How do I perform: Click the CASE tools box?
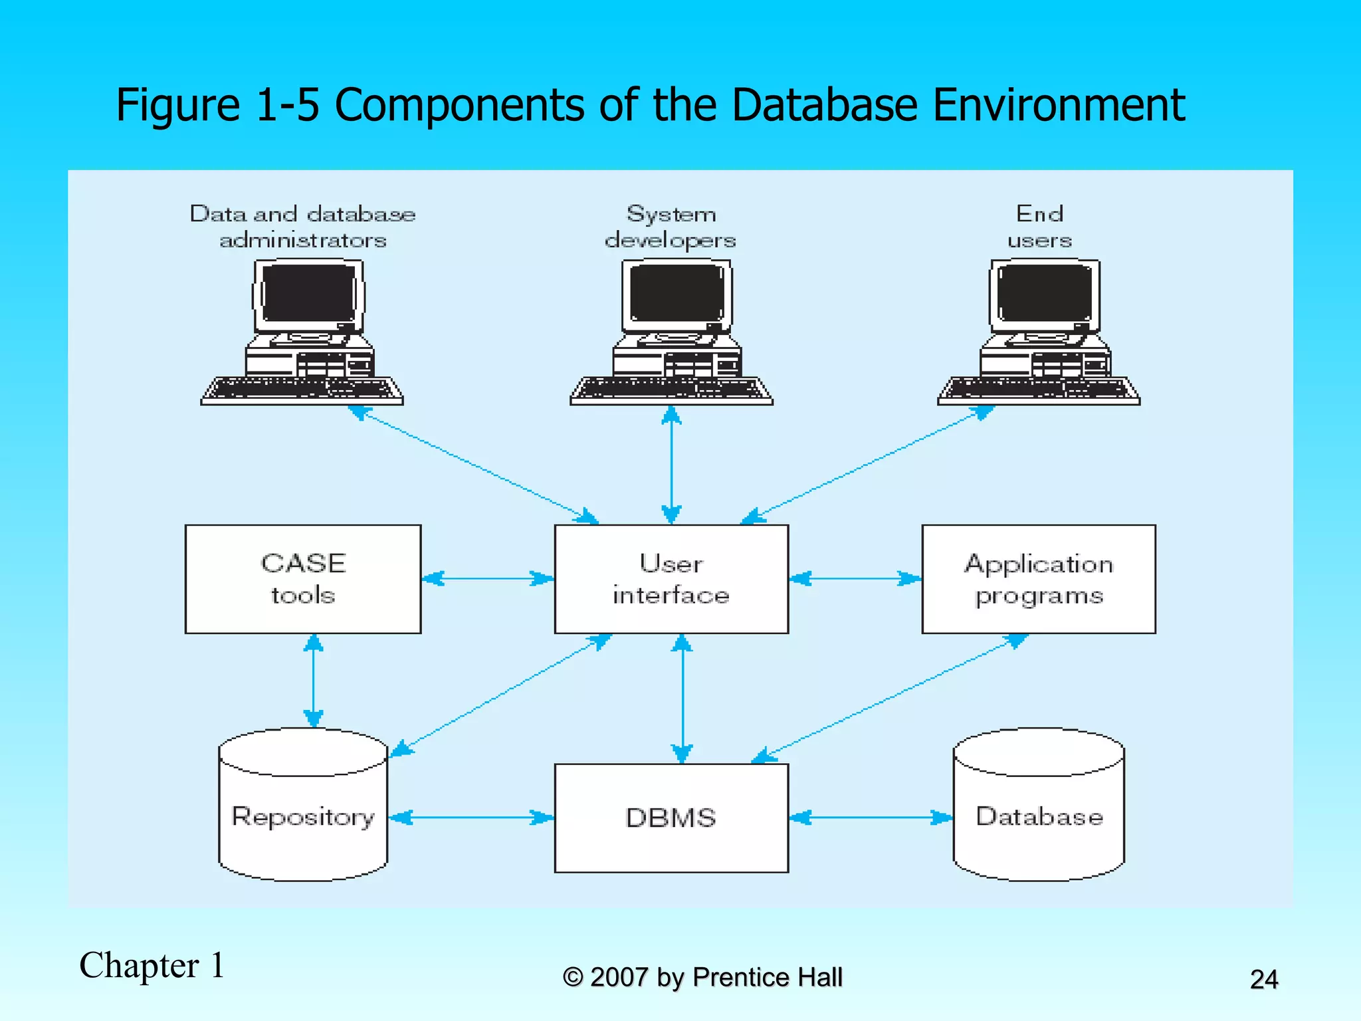(303, 579)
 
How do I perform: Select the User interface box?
(671, 579)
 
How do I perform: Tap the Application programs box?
(1038, 579)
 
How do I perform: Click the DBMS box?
(671, 818)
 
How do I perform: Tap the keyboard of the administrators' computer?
(302, 391)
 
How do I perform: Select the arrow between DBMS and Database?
(871, 818)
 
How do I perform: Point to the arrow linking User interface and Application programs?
(855, 578)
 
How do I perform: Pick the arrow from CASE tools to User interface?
(487, 578)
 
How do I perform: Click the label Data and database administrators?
(303, 227)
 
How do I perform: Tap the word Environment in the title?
(1059, 106)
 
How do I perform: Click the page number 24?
(1263, 979)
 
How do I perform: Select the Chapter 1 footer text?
(152, 965)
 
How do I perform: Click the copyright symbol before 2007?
(572, 977)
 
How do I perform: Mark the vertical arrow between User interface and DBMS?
(682, 698)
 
